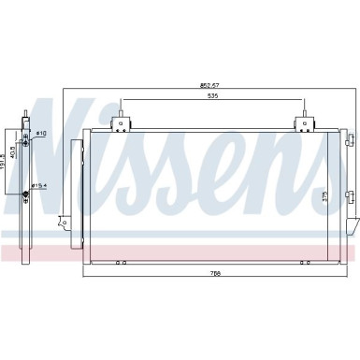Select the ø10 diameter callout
(x=41, y=134)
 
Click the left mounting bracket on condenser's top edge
(x=121, y=122)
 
